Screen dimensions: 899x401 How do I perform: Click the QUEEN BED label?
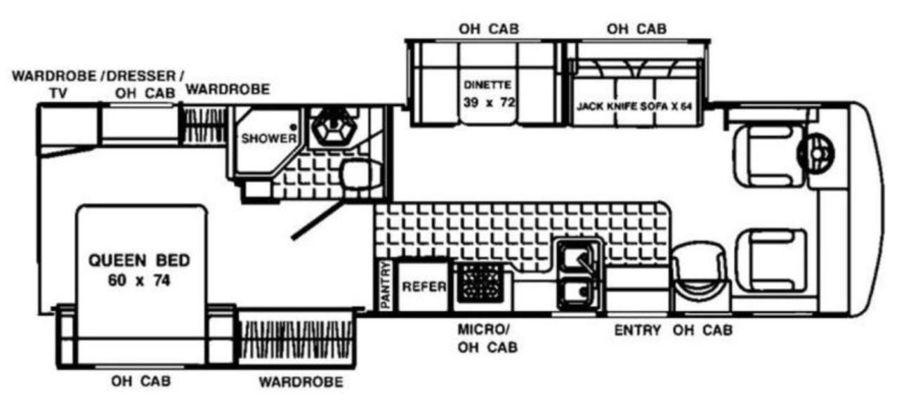pos(138,261)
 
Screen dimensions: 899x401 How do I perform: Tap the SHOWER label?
pos(269,139)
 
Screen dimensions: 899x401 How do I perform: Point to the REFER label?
pos(424,287)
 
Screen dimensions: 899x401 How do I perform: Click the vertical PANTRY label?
pos(385,285)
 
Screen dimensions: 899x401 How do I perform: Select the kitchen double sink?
pos(579,274)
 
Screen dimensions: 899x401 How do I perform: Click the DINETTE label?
pos(487,85)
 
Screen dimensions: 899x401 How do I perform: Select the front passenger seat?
pos(767,259)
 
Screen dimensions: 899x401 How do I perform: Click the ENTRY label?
pos(637,330)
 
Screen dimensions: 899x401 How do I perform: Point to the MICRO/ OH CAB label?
pos(487,338)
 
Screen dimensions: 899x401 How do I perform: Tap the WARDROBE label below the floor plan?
pos(301,383)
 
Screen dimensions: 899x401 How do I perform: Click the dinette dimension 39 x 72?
pos(490,103)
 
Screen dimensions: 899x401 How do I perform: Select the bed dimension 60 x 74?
pos(138,281)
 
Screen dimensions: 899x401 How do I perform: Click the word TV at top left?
pos(58,91)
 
